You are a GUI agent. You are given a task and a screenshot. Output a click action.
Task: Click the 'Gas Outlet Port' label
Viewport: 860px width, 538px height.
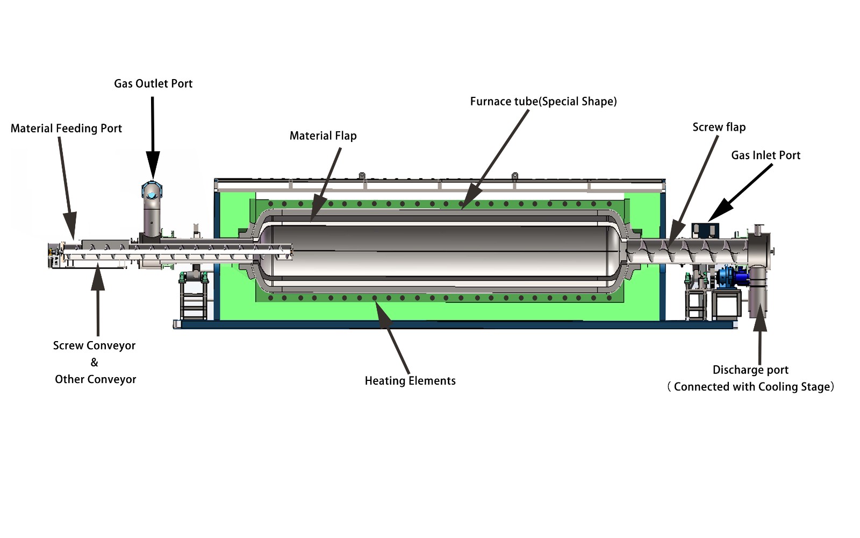(x=153, y=83)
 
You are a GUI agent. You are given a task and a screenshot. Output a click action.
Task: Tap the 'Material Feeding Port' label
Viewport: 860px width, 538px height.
(x=66, y=128)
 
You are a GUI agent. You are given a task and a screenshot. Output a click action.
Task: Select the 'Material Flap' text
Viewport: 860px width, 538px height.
(x=323, y=136)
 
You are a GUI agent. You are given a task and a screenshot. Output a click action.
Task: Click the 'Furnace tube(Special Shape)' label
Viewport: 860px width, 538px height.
(x=543, y=102)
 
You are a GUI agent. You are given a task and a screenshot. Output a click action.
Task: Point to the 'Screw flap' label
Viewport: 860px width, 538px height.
(x=719, y=127)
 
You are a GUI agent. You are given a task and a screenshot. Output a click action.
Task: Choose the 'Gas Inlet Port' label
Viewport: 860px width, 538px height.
(x=765, y=155)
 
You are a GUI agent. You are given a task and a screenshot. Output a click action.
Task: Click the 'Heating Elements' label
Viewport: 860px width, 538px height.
(x=410, y=381)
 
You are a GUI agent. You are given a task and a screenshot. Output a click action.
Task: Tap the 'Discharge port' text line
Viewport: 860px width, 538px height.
(x=750, y=370)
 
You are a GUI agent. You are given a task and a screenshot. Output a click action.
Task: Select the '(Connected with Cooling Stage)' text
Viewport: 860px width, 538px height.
(x=750, y=387)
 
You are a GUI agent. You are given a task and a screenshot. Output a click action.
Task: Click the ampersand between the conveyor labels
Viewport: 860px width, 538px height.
(x=94, y=363)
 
